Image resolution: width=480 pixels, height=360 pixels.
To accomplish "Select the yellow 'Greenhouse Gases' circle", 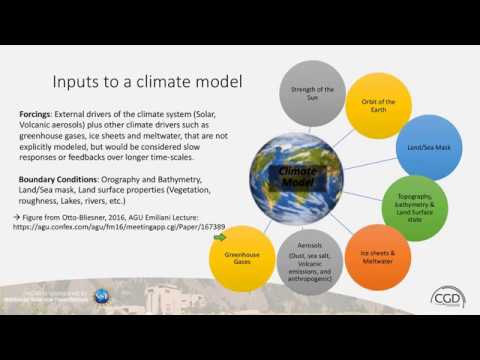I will tap(244, 259).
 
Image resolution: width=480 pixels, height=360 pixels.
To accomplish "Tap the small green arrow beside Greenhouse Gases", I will tap(220, 238).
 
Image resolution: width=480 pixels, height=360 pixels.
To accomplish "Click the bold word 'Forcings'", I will tap(38, 114).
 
